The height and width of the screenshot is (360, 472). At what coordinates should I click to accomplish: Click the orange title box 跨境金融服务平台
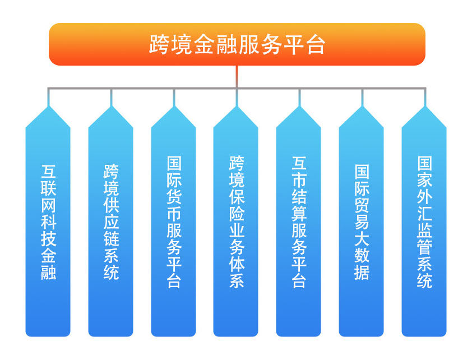[x=237, y=44]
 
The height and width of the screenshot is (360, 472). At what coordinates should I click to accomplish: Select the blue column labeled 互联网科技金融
[x=48, y=221]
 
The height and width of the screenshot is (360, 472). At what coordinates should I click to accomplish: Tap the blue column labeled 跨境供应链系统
[x=111, y=221]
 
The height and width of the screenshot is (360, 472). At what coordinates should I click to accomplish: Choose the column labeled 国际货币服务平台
[x=174, y=221]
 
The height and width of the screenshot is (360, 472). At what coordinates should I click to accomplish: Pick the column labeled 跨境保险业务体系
[x=236, y=221]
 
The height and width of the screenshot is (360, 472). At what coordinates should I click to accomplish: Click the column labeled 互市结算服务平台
[x=299, y=221]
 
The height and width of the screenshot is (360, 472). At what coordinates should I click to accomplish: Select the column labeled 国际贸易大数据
[x=362, y=221]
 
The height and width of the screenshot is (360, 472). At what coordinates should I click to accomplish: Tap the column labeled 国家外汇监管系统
[x=424, y=221]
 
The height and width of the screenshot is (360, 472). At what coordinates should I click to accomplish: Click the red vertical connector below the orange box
[x=237, y=76]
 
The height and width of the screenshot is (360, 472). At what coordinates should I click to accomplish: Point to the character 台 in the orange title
[x=316, y=44]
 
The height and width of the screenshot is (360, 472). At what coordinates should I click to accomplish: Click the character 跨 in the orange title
[x=159, y=44]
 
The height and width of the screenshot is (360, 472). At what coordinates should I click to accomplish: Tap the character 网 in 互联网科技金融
[x=48, y=206]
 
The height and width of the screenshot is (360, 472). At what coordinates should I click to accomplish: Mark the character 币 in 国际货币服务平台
[x=174, y=214]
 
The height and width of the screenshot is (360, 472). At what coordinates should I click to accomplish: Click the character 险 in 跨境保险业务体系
[x=237, y=214]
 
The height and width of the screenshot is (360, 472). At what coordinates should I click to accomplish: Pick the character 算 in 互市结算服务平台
[x=299, y=214]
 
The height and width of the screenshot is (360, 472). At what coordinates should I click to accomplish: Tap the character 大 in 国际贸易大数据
[x=362, y=238]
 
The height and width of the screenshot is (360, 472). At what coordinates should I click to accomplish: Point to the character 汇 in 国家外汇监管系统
[x=424, y=214]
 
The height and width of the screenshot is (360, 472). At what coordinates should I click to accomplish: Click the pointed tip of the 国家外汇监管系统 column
[x=424, y=106]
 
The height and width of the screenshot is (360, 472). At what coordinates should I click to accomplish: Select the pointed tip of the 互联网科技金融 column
[x=48, y=106]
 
